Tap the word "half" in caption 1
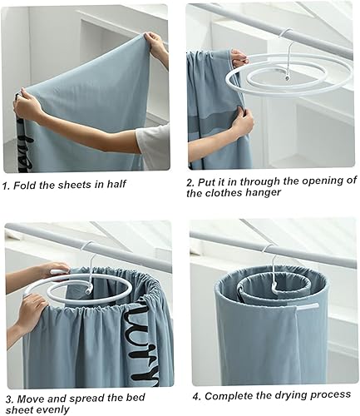(117, 184)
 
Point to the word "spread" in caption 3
(87, 399)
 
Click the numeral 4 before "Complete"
(196, 397)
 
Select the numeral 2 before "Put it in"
(190, 183)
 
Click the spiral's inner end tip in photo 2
(288, 79)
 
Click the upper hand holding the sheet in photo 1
(155, 44)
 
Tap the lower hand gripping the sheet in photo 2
(244, 119)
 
